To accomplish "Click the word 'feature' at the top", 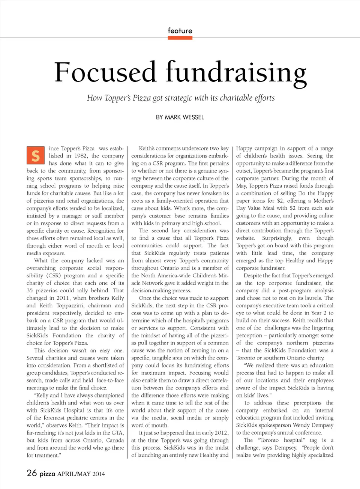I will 180,31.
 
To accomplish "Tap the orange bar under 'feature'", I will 180,38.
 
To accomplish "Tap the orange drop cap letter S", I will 36,155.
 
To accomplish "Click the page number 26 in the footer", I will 31,473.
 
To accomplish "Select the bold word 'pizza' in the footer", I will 47,474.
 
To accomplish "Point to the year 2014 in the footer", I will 99,474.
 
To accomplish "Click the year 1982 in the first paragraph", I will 81,156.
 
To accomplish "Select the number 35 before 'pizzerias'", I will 30,290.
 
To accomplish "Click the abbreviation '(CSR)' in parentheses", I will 53,275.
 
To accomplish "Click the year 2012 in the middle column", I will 221,433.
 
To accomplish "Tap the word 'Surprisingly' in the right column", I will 276,238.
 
